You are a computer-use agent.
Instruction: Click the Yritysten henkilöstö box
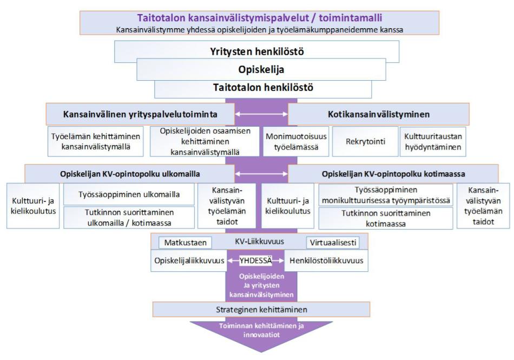click(256, 52)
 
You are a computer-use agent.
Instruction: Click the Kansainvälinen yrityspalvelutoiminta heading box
click(140, 114)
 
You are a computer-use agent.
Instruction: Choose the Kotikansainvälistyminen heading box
click(379, 114)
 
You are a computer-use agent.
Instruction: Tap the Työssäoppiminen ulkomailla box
click(129, 194)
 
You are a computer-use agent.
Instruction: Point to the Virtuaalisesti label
click(332, 243)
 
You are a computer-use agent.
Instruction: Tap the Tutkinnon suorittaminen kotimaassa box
click(385, 218)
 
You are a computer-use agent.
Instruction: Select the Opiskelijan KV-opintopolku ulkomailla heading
click(129, 174)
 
